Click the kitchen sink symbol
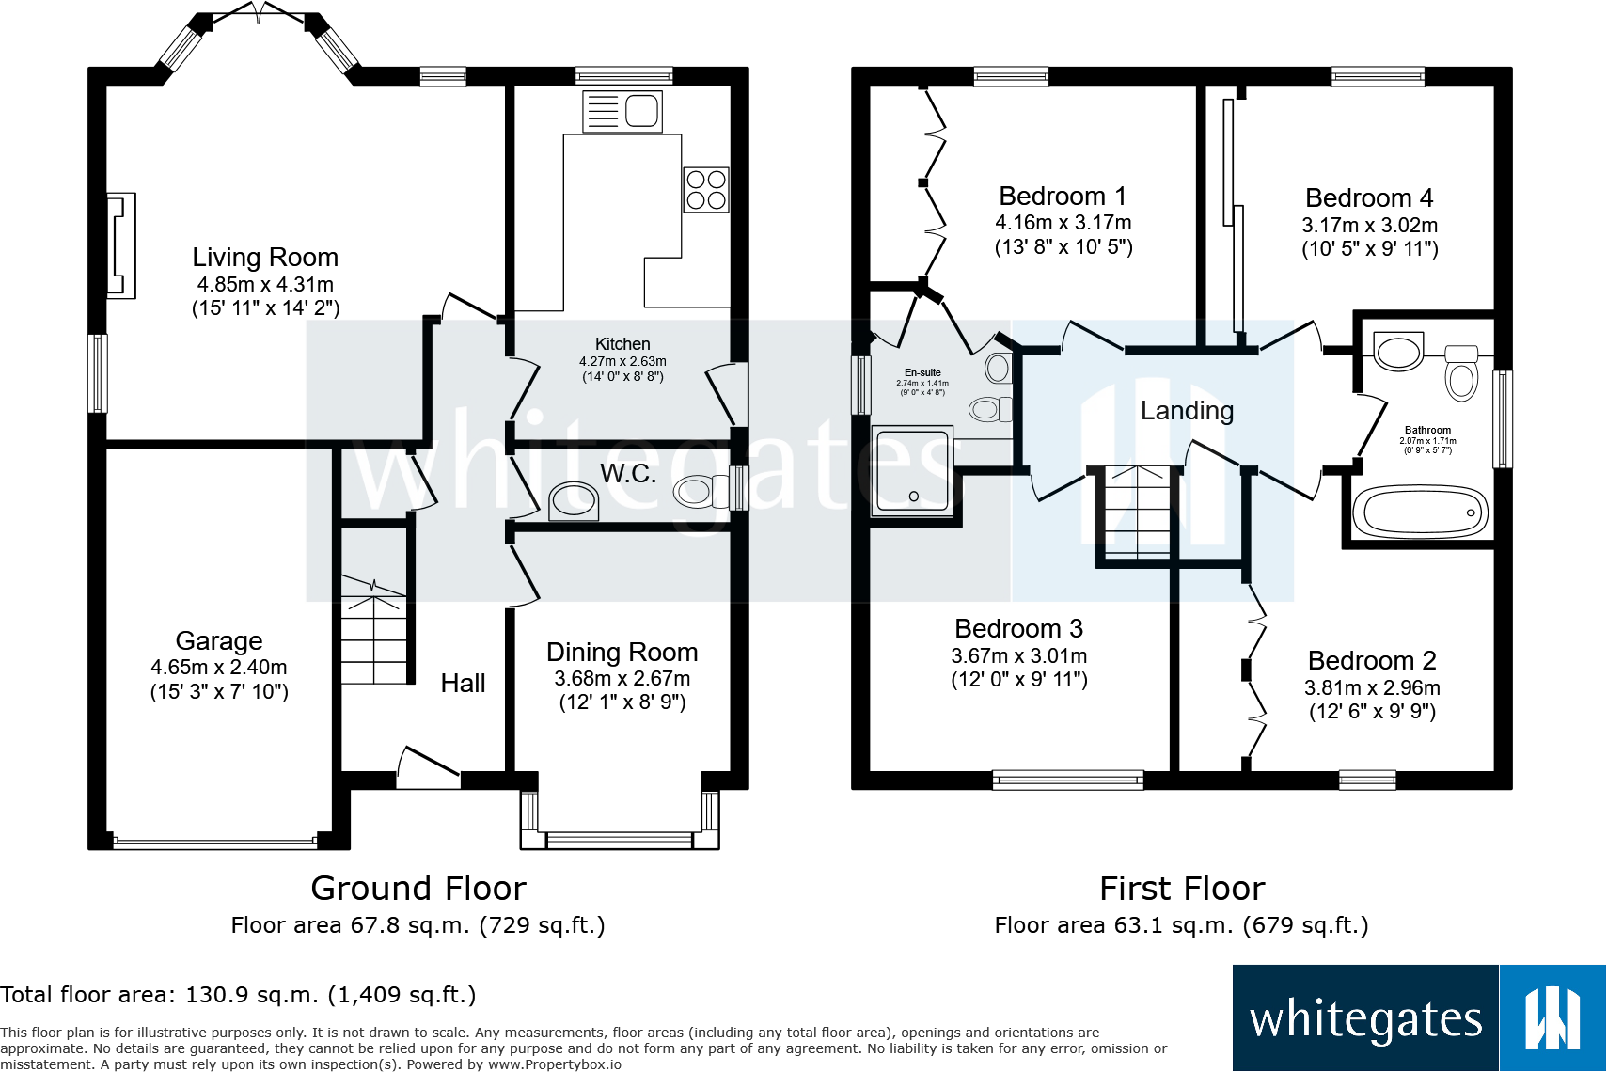(622, 111)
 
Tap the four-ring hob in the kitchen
(706, 189)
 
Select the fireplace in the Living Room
(120, 246)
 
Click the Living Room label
(265, 258)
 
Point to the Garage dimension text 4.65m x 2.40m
(219, 668)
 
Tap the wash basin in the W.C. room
(573, 501)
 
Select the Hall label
(463, 684)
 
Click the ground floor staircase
(374, 630)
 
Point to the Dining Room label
(622, 653)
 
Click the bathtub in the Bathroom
(1420, 512)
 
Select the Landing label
(1187, 411)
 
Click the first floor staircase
(1138, 512)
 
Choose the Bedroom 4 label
(1369, 198)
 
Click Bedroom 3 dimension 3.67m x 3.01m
(1019, 656)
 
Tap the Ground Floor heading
(418, 889)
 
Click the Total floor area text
(238, 995)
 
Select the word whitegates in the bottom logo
(1365, 1020)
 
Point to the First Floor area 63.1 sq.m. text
(1181, 925)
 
